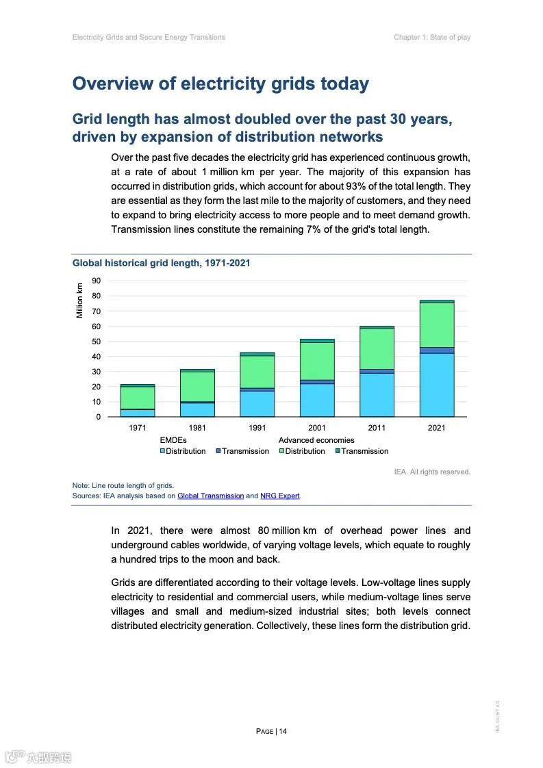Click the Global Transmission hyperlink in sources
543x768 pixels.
[210, 496]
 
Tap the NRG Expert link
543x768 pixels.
[279, 496]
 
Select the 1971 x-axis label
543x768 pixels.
[137, 428]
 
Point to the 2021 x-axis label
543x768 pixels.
[436, 428]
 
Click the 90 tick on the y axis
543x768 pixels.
[97, 281]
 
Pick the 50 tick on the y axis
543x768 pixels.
[97, 342]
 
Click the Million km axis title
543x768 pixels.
[79, 300]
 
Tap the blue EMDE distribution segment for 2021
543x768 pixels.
[436, 385]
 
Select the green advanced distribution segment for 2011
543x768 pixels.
[377, 348]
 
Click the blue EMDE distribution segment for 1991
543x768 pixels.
[257, 404]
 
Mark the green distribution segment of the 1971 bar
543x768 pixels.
[137, 398]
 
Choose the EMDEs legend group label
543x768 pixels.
[173, 440]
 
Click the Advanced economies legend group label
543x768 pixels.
[316, 440]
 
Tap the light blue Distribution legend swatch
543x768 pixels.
[162, 451]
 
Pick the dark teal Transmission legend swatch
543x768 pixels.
[338, 451]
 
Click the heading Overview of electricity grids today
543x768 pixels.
[220, 84]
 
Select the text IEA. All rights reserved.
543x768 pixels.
[432, 472]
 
